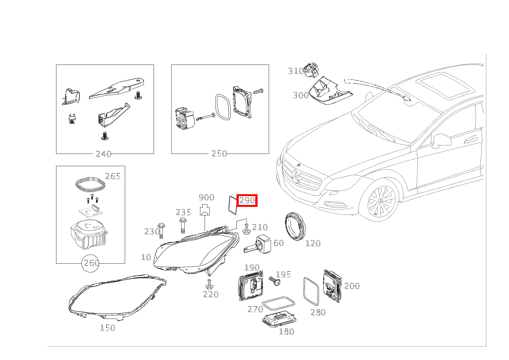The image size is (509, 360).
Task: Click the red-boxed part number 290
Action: coord(247,200)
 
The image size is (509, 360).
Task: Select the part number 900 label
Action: coord(207,197)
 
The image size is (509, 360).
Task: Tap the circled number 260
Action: coord(91,263)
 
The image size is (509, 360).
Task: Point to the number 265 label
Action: coord(113,176)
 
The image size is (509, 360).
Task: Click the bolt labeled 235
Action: coord(182,225)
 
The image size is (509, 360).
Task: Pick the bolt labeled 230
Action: coord(161,231)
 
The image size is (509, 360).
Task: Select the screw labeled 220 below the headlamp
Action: coord(209,284)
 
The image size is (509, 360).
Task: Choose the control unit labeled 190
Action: coord(251,286)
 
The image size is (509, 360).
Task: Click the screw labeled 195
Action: coord(274,281)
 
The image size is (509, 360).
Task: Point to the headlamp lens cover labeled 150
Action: coord(117,297)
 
